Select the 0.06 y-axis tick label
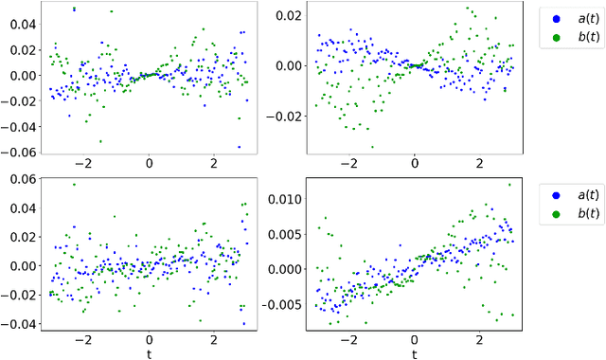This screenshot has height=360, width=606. click(20, 180)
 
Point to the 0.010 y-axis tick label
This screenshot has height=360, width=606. click(286, 199)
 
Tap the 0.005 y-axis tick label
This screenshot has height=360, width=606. click(286, 234)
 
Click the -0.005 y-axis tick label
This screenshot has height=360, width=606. click(283, 304)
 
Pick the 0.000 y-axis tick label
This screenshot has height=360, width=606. click(286, 269)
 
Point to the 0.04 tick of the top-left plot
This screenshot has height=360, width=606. click(20, 24)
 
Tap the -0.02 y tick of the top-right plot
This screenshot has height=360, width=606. click(286, 117)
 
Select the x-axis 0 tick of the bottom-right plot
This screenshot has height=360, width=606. click(415, 339)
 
